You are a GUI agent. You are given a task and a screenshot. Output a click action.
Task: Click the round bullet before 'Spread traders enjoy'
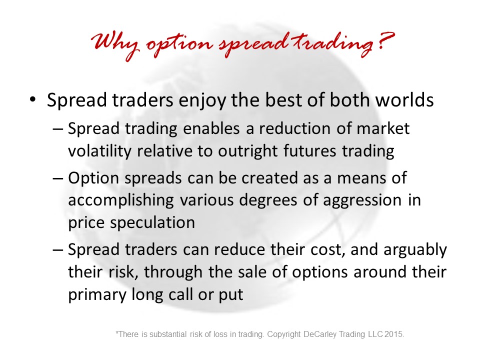coord(32,100)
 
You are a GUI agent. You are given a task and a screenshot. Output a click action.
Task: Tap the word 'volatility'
coord(99,151)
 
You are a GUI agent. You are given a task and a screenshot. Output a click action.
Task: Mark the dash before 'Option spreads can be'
coord(57,178)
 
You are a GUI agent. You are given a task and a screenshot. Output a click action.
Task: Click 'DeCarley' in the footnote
coord(321,334)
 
